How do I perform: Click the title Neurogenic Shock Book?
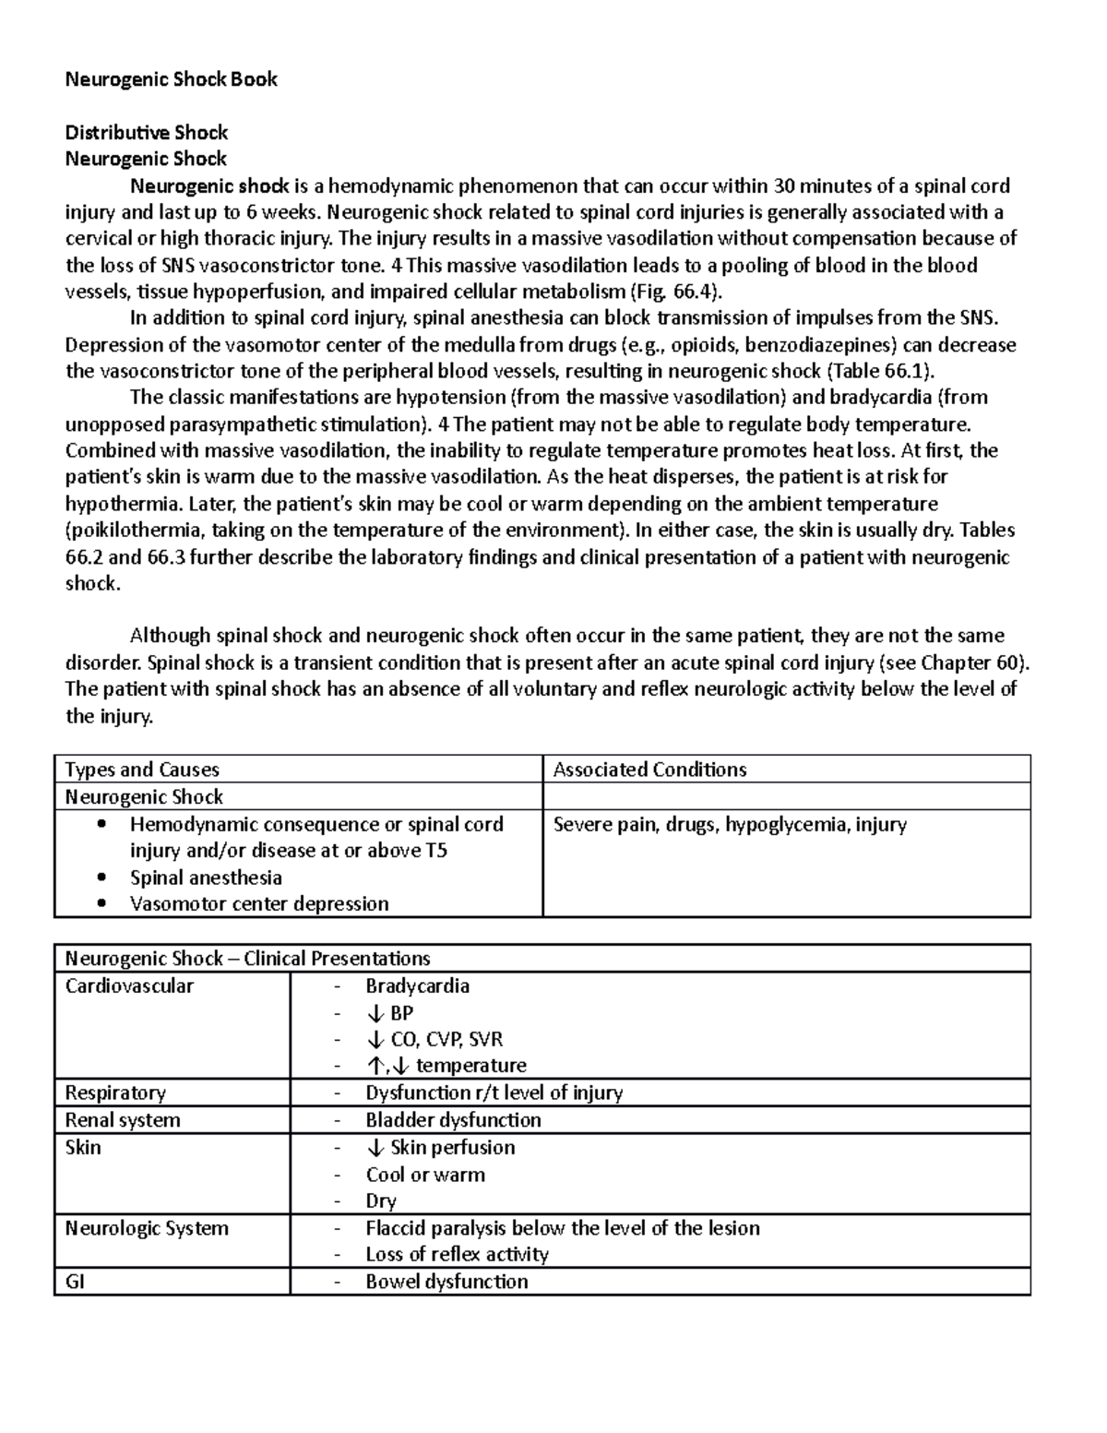[171, 79]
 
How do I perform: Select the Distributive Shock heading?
[146, 132]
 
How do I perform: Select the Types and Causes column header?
[141, 770]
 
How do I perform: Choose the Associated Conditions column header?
[649, 770]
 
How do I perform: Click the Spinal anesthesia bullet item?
[206, 878]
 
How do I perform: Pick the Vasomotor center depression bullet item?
[259, 903]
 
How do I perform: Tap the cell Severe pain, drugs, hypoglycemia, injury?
[730, 824]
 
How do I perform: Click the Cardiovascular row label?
[129, 985]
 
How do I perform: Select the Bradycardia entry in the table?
[417, 985]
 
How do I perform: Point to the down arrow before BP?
[375, 1013]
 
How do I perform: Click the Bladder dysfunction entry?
[453, 1120]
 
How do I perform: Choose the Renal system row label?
[123, 1120]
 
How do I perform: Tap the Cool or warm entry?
[425, 1175]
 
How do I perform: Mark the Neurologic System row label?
[147, 1228]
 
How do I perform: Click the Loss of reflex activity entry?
[457, 1254]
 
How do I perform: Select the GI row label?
[75, 1282]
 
